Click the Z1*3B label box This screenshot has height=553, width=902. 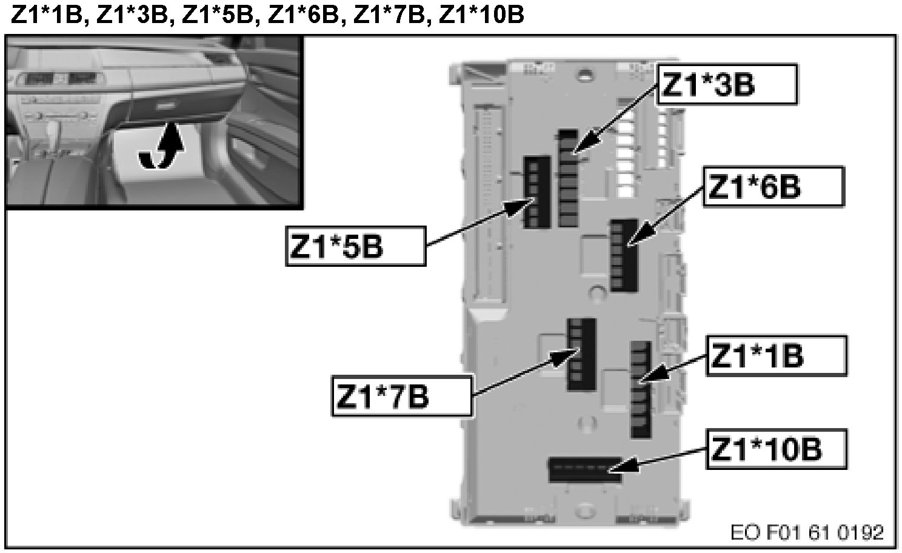point(726,84)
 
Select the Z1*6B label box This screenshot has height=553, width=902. point(773,186)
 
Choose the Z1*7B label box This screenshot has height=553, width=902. point(401,395)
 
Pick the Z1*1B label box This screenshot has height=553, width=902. point(776,356)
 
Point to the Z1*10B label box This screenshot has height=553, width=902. point(776,449)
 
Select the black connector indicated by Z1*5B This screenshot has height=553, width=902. point(536,192)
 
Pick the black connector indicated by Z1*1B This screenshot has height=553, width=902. point(640,389)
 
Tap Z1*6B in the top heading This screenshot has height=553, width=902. point(302,15)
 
